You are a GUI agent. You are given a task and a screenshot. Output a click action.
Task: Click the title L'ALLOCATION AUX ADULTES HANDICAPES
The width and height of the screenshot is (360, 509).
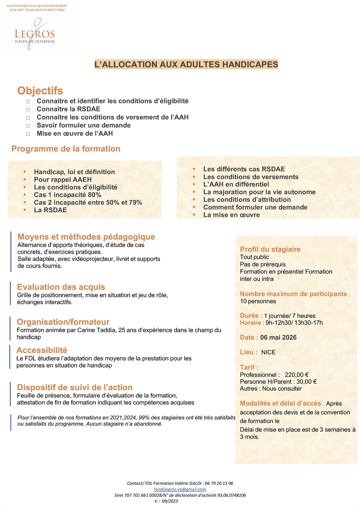point(186,64)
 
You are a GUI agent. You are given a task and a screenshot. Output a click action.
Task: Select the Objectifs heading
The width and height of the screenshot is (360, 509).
point(40,91)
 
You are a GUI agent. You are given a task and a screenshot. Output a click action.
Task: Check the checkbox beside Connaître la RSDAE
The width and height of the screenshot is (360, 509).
point(28,109)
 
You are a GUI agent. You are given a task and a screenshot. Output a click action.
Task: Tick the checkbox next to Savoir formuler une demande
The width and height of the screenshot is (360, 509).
point(28,126)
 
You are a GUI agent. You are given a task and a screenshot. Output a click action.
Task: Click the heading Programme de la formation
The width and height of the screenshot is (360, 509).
point(66,149)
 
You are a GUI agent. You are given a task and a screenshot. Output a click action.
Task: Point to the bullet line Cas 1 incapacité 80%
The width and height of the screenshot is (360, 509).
point(67,195)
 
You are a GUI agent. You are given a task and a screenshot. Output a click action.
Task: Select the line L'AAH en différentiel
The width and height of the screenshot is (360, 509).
point(236,185)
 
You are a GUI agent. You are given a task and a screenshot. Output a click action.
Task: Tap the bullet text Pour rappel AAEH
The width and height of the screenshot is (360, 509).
point(62,180)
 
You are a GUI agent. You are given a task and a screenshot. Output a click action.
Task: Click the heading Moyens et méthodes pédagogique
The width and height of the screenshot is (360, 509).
point(86,237)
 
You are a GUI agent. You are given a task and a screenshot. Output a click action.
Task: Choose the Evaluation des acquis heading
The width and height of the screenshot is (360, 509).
point(61,287)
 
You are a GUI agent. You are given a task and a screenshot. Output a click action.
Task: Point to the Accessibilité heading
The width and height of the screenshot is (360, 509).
point(42,350)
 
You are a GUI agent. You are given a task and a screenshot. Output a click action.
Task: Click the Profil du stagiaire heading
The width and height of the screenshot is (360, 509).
point(270,250)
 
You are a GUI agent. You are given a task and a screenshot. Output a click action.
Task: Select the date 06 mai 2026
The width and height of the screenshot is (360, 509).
point(278,338)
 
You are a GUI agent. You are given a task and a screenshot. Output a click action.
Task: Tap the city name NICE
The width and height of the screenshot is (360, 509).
point(268,352)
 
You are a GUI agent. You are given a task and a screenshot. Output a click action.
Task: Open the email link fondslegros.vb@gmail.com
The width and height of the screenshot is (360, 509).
point(180,490)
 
